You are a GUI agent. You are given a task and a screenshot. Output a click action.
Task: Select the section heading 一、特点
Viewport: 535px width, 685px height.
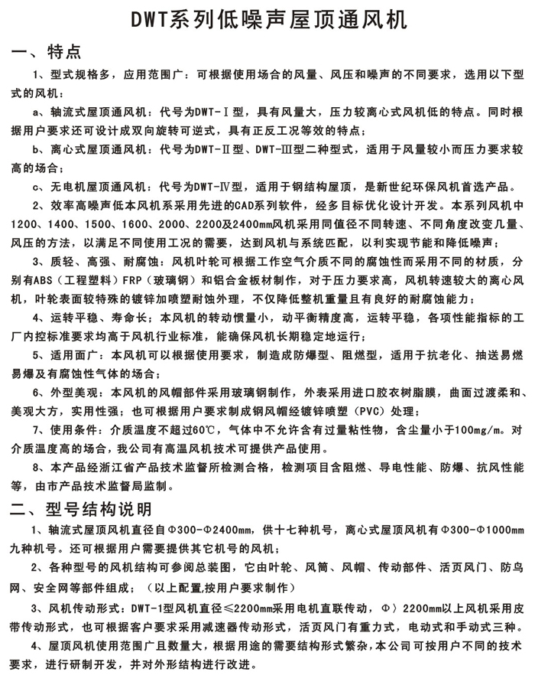(x=53, y=51)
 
